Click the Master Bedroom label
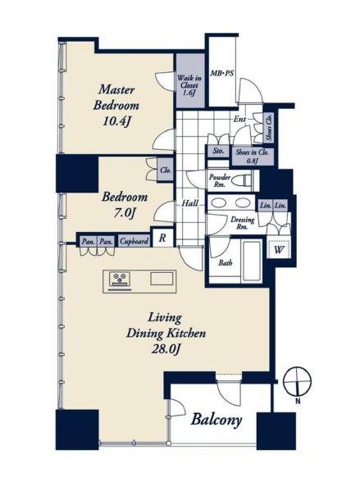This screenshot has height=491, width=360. [x=116, y=98]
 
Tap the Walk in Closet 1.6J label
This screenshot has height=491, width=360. [x=189, y=85]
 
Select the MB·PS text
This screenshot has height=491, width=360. [x=222, y=74]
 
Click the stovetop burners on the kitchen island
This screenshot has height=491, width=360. [x=119, y=278]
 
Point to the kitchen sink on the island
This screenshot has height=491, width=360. [x=162, y=279]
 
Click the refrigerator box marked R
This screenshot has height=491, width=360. [x=162, y=238]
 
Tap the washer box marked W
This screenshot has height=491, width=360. [x=279, y=249]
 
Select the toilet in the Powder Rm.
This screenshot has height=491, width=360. [x=244, y=181]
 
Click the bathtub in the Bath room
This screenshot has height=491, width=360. [x=252, y=261]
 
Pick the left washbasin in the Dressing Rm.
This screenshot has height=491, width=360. [x=219, y=203]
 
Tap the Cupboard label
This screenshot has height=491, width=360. [x=134, y=242]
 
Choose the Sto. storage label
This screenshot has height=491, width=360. [x=218, y=151]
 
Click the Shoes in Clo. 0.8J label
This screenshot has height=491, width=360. [x=252, y=157]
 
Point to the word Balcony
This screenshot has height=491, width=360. [x=216, y=420]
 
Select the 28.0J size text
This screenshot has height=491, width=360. [x=166, y=349]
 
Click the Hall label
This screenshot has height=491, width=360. [x=190, y=203]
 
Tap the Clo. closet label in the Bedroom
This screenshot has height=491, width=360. [x=166, y=170]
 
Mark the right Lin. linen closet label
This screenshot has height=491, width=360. [x=280, y=206]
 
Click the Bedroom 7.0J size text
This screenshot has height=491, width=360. [x=125, y=213]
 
